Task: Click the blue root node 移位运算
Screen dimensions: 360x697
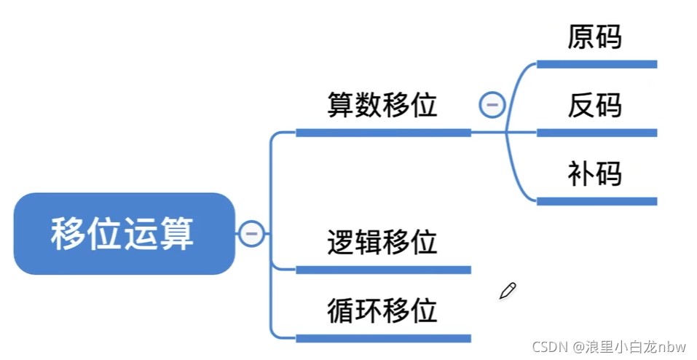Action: click(124, 234)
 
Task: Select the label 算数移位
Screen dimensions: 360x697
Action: click(382, 106)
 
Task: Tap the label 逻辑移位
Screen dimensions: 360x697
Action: click(382, 241)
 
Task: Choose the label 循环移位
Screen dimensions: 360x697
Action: click(382, 310)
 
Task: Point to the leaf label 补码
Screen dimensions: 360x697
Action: click(595, 175)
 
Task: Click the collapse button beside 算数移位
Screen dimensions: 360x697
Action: click(492, 105)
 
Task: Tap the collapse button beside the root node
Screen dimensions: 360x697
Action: click(251, 234)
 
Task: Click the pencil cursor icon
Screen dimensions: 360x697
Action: click(508, 291)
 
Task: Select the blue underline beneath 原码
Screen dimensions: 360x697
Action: click(596, 64)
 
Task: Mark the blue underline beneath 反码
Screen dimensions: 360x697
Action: click(596, 133)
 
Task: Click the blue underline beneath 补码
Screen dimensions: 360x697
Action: click(596, 201)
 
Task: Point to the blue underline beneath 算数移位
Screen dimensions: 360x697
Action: click(383, 133)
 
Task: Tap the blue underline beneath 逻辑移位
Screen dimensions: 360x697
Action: click(383, 270)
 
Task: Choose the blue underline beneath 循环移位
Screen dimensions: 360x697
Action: click(383, 338)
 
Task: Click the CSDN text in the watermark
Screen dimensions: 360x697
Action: click(548, 345)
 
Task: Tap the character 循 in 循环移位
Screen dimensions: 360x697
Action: click(341, 310)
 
